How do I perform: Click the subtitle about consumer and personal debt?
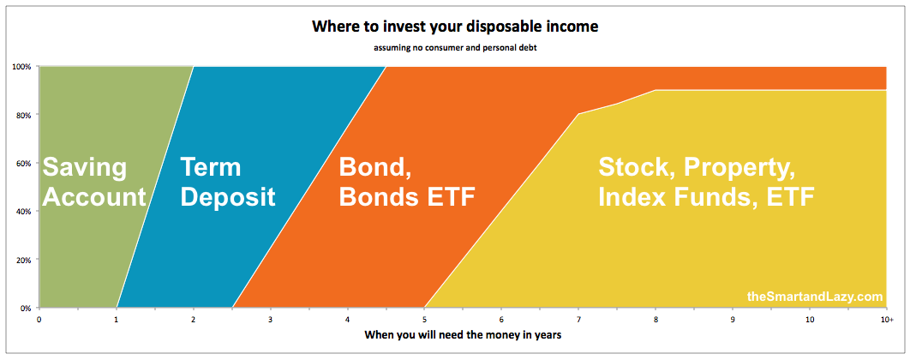[455, 47]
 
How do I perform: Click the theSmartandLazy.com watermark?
[814, 297]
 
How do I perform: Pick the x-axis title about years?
[463, 336]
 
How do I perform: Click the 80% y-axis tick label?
[23, 115]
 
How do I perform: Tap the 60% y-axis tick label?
[23, 163]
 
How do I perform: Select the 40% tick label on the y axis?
[23, 212]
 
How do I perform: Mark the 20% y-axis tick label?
[23, 260]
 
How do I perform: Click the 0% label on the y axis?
[25, 308]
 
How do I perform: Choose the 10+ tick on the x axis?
[887, 320]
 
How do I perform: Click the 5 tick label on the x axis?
[424, 320]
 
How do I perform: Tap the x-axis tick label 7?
[578, 320]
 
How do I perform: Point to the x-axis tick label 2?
[194, 320]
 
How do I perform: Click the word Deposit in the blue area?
[228, 198]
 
